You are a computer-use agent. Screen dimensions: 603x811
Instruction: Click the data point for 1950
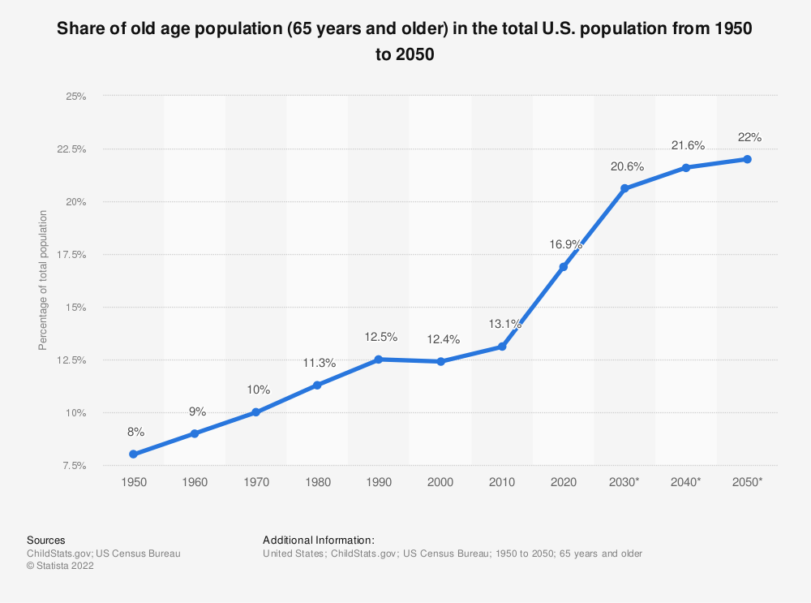(x=133, y=454)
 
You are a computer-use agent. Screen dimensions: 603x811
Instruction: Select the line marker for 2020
(x=564, y=266)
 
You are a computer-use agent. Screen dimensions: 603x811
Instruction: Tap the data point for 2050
(x=748, y=159)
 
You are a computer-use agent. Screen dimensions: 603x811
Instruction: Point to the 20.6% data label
(x=626, y=166)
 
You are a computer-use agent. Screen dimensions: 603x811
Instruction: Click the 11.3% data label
(x=318, y=362)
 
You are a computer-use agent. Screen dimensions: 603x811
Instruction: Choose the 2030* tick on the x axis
(x=625, y=482)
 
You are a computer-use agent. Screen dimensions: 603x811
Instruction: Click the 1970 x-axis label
(x=256, y=482)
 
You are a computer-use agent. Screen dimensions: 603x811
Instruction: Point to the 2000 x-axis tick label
(x=441, y=482)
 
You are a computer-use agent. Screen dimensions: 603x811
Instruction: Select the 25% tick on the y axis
(x=76, y=97)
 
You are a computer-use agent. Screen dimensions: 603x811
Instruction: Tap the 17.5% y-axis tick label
(x=71, y=255)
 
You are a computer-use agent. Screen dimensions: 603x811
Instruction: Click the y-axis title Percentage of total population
(x=43, y=281)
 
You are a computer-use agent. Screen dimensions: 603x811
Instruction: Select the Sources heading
(x=46, y=540)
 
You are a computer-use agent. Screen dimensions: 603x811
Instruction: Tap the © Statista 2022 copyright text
(x=60, y=566)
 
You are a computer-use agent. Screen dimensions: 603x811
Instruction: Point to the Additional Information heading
(x=319, y=540)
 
